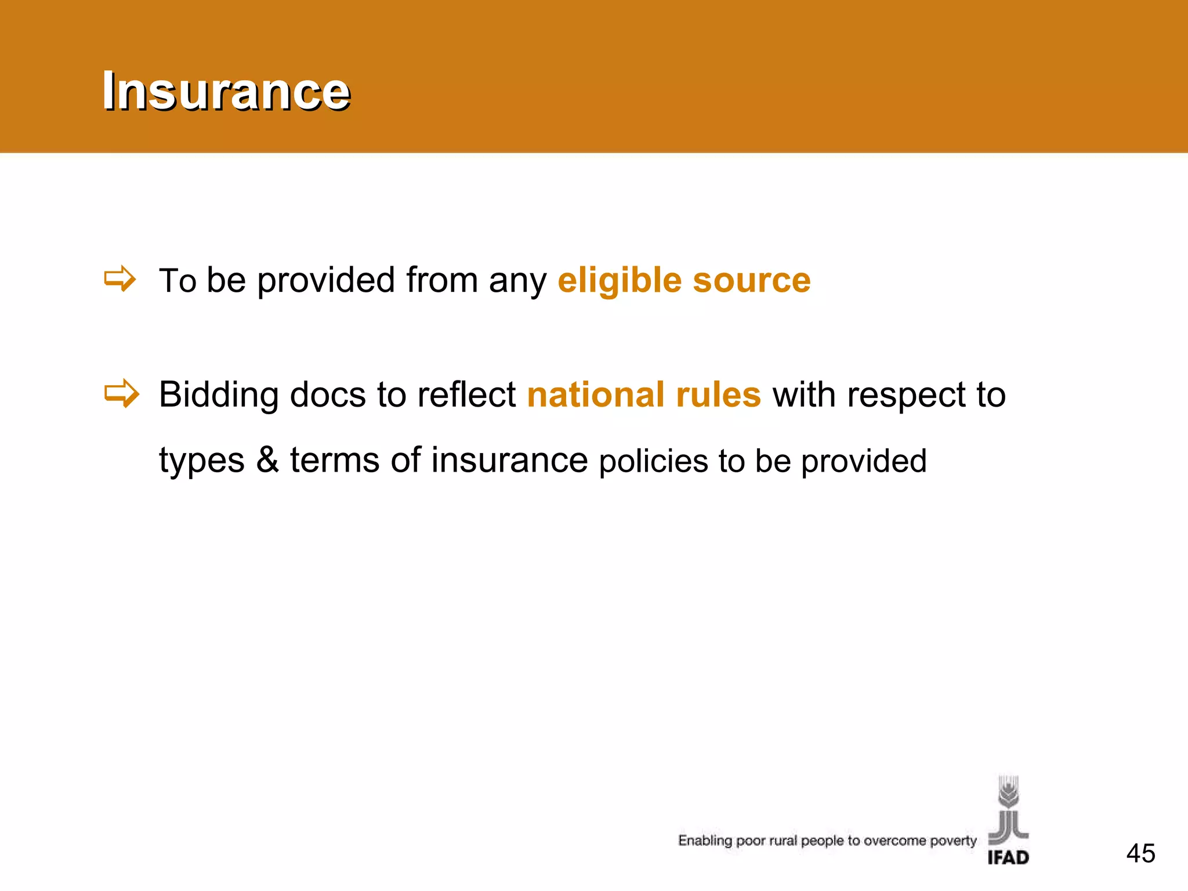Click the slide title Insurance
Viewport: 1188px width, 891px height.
pos(226,90)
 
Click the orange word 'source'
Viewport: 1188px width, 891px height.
pos(752,281)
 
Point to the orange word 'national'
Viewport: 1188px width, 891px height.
pos(595,395)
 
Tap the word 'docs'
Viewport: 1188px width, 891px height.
pos(327,395)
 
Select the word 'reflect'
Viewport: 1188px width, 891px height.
pos(466,395)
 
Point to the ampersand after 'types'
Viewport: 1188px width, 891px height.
pos(267,460)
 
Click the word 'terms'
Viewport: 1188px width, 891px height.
pos(334,460)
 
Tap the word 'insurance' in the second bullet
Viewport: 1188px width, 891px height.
pos(509,460)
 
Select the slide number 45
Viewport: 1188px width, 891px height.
pos(1140,853)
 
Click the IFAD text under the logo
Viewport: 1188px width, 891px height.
pos(1008,857)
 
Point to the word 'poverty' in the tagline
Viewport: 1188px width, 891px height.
pos(953,841)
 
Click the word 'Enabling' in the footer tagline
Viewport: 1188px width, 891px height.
pos(705,841)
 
